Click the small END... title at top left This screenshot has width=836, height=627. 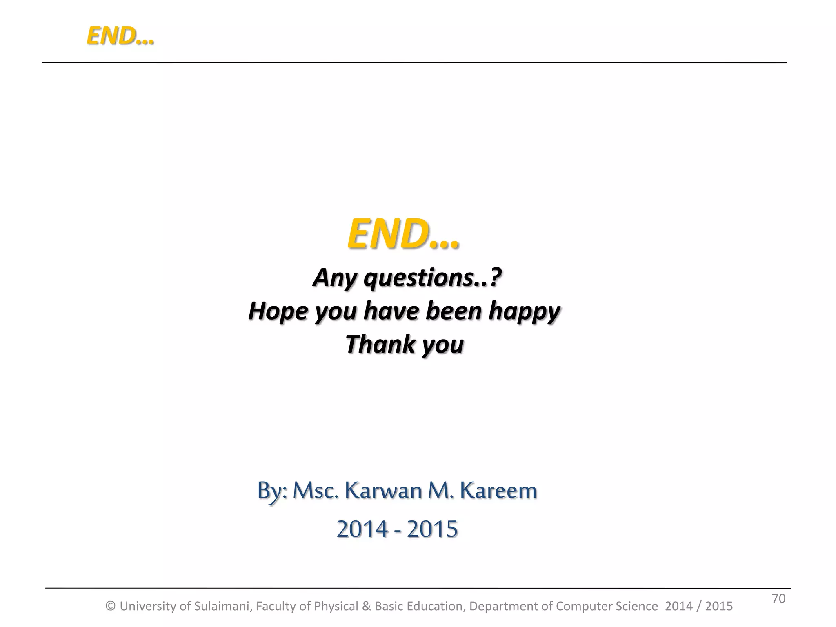pyautogui.click(x=120, y=36)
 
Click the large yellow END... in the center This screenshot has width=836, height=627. pyautogui.click(x=403, y=234)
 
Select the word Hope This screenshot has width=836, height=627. pyautogui.click(x=278, y=312)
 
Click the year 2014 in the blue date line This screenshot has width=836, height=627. pyautogui.click(x=362, y=529)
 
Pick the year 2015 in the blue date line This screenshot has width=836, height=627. pyautogui.click(x=432, y=529)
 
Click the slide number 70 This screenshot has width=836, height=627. pyautogui.click(x=778, y=598)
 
